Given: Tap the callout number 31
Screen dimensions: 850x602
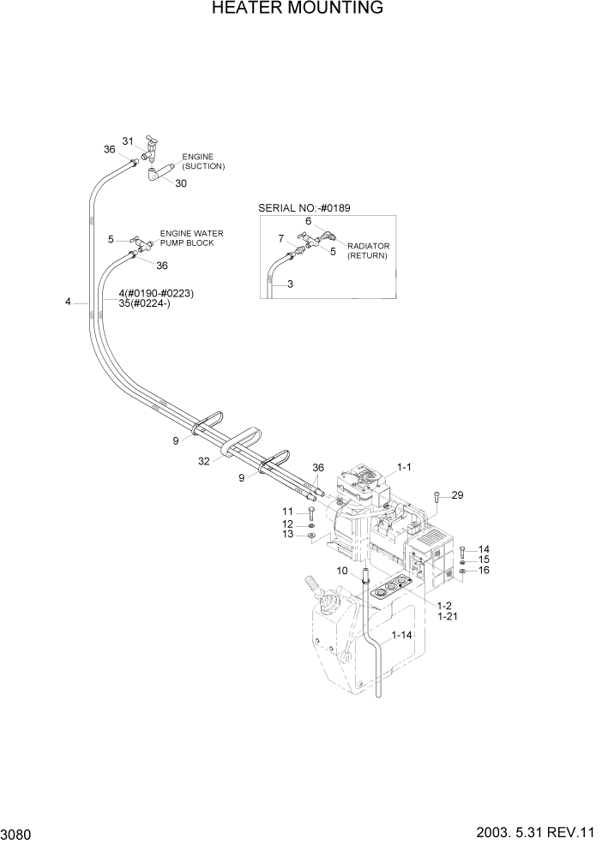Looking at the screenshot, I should click(x=129, y=141).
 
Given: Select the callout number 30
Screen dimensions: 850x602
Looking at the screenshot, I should click(x=181, y=183).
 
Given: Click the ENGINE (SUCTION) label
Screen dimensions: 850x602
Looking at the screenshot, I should click(x=202, y=162).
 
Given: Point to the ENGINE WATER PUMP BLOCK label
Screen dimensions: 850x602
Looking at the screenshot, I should click(x=187, y=238).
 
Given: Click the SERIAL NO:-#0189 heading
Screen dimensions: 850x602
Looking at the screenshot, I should click(x=304, y=208).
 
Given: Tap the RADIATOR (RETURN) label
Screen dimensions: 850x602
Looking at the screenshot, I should click(x=368, y=251).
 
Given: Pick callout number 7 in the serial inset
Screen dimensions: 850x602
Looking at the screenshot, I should click(x=280, y=238).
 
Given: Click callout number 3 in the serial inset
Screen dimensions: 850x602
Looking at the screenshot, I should click(x=290, y=284).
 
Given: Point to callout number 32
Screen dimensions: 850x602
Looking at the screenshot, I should click(x=203, y=460).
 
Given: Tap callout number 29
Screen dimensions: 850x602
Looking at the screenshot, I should click(x=457, y=495).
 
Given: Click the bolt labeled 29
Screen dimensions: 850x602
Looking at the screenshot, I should click(x=437, y=497).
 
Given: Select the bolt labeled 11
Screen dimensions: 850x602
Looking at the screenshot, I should click(x=310, y=514).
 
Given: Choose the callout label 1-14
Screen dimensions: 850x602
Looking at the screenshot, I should click(x=402, y=636).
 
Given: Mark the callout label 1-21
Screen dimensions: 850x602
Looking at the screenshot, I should click(x=446, y=616).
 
